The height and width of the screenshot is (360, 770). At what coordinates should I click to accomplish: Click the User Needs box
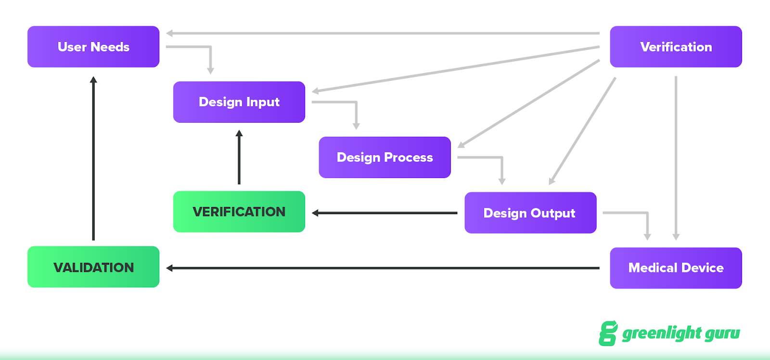point(93,47)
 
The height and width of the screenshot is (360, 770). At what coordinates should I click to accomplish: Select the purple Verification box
point(676,47)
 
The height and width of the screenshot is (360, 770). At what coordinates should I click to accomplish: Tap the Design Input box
point(239,102)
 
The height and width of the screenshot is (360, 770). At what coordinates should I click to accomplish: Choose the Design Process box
point(385,157)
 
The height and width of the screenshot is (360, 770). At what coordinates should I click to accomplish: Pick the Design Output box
point(530,213)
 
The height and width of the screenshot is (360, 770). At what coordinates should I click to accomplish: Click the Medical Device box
point(676,268)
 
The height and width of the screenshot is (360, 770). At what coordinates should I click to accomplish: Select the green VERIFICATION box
point(239,212)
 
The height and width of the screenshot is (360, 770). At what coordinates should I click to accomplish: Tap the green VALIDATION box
point(93,267)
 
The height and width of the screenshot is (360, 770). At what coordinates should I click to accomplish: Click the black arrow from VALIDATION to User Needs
point(93,159)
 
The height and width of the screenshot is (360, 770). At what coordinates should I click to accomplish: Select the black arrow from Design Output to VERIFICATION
point(385,213)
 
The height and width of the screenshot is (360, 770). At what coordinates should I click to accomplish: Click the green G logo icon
point(608,333)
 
